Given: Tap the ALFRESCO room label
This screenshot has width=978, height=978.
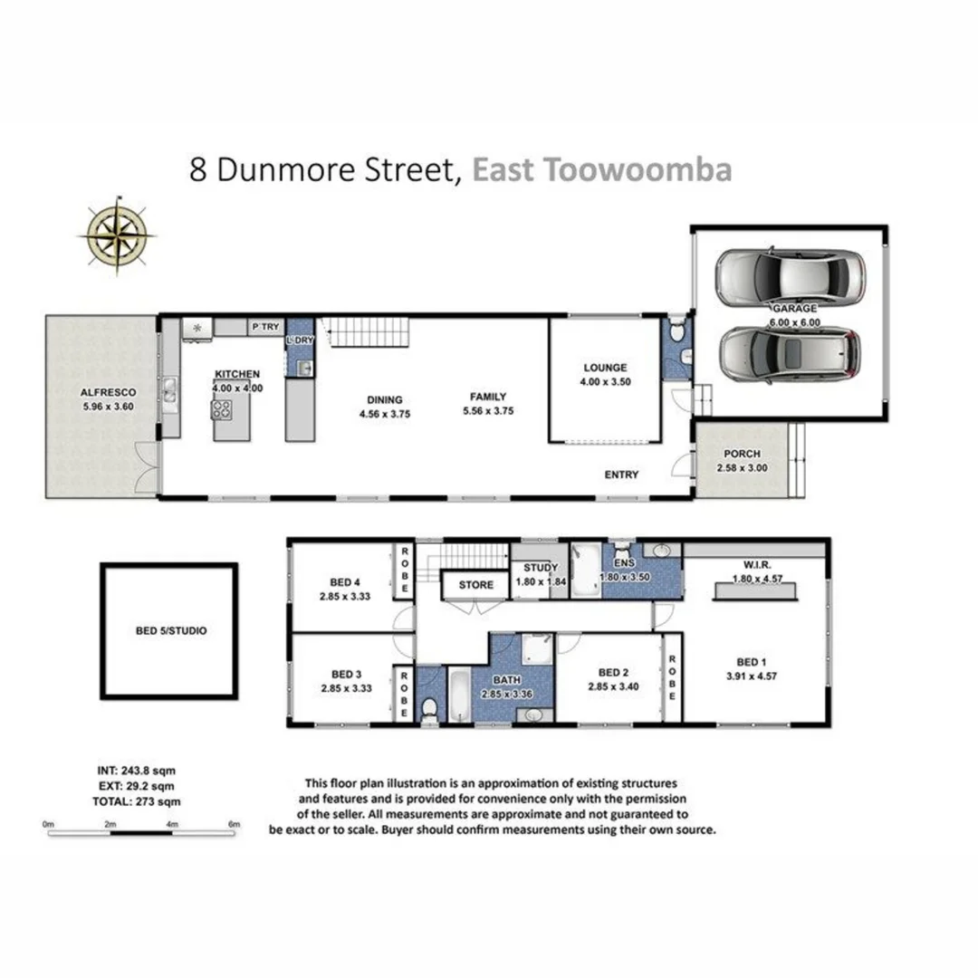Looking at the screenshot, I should pos(107,392).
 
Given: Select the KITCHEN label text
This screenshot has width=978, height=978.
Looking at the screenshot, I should pos(237,374).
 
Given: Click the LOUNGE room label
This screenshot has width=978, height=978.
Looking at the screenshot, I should pos(605,368).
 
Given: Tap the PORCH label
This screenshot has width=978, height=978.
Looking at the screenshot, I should pos(742,454).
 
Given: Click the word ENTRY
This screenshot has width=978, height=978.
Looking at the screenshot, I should pos(622,475).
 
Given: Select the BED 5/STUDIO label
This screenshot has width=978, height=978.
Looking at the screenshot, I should pos(169,630).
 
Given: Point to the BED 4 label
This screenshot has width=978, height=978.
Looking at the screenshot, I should pos(340,582).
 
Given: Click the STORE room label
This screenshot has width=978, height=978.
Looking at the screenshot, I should pos(475,585).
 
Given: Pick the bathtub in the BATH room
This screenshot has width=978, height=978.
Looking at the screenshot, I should pos(459,695).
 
